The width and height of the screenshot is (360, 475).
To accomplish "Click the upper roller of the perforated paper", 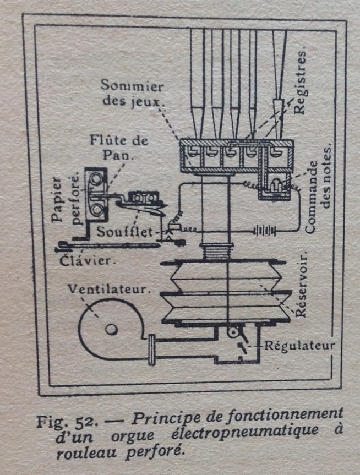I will (x=96, y=177).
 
